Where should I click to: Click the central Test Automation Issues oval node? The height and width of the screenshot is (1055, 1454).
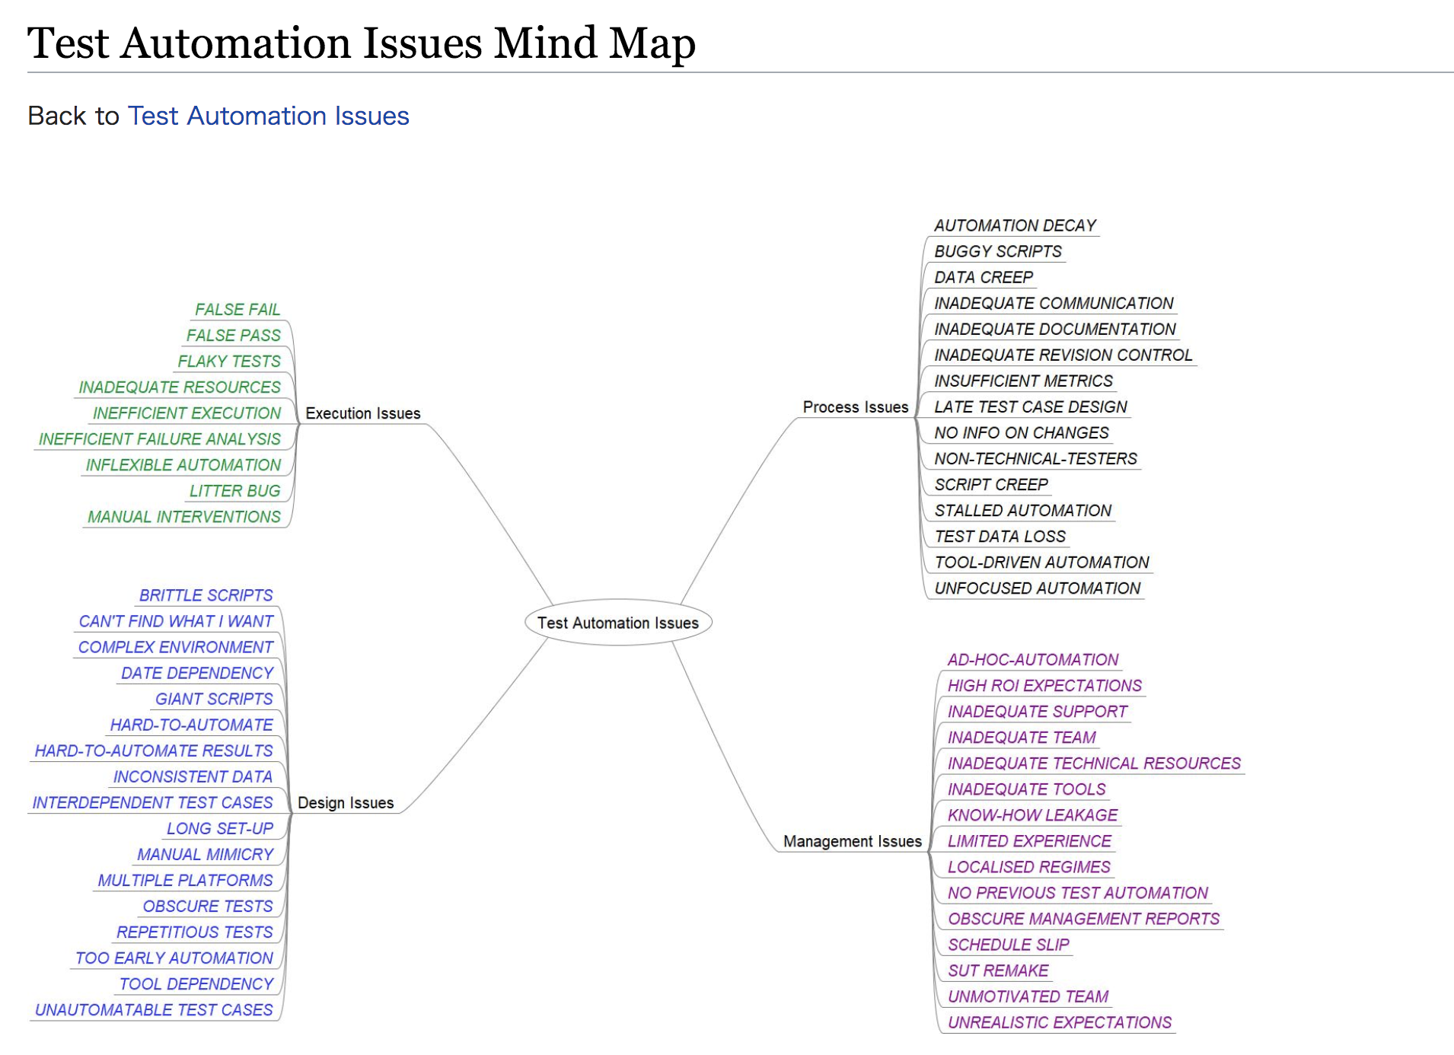(618, 623)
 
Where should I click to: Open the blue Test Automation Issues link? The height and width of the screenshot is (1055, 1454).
(269, 116)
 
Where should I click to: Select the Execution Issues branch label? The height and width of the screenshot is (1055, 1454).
(363, 413)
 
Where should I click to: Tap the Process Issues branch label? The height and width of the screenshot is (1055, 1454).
(856, 407)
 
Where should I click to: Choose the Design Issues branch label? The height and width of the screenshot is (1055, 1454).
(346, 803)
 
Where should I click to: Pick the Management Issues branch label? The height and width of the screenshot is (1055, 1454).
(853, 841)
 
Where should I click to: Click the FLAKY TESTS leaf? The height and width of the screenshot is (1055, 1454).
(229, 362)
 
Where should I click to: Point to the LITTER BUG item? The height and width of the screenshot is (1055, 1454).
(235, 491)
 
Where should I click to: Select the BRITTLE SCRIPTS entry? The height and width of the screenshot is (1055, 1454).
(206, 595)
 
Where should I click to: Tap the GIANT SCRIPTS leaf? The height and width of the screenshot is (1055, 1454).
(214, 699)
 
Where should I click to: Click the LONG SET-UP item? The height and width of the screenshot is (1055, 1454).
(220, 828)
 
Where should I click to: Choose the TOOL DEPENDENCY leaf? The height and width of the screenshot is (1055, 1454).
(196, 984)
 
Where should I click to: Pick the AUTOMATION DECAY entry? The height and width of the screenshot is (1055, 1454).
(1016, 226)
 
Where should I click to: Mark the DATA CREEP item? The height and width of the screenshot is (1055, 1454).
(984, 278)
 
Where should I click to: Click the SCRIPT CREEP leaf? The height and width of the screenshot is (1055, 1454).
(991, 485)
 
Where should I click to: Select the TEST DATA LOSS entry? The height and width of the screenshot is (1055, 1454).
(1000, 537)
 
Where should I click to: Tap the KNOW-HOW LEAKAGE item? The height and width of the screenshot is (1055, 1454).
(1032, 815)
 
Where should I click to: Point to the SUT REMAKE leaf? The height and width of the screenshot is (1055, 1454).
(998, 971)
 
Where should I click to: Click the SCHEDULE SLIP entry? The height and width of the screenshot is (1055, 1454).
(1009, 945)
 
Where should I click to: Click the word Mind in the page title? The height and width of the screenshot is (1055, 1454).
(545, 43)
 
